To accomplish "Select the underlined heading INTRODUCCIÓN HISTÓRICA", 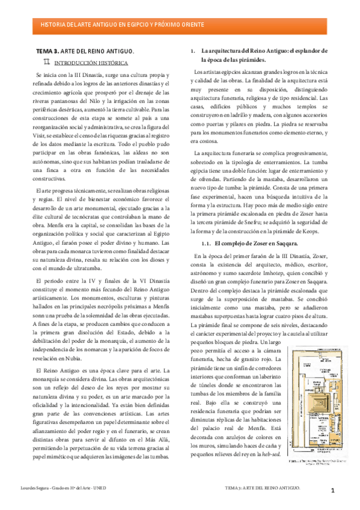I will tap(91, 62).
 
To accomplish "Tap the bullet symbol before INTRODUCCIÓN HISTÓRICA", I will tap(47, 61).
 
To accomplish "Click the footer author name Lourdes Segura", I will tap(46, 486).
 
